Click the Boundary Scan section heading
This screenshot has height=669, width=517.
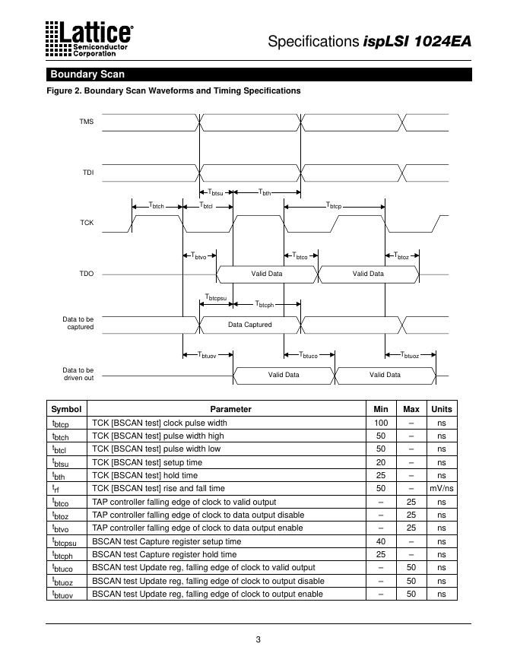pos(87,75)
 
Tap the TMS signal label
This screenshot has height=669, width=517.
pos(87,122)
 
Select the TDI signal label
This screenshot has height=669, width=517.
pos(88,173)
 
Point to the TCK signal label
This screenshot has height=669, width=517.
pos(87,223)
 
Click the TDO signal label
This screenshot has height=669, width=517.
pos(87,274)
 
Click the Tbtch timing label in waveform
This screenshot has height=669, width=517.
pos(157,206)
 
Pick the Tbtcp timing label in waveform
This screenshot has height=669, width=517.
pos(335,206)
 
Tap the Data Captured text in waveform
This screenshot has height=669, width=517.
pos(250,325)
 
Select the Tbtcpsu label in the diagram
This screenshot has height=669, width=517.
pos(216,297)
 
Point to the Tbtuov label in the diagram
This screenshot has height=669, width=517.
pos(206,354)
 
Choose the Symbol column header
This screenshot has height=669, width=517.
pos(65,409)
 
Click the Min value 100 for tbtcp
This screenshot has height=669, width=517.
pos(380,423)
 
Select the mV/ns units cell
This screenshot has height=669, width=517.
pos(441,489)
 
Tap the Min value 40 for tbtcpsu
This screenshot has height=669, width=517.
pos(380,541)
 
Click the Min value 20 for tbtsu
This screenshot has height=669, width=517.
pos(380,462)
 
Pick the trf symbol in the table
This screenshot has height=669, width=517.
pos(56,490)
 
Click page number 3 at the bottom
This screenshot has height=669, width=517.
pos(258,639)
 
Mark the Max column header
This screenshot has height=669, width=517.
pos(411,409)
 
